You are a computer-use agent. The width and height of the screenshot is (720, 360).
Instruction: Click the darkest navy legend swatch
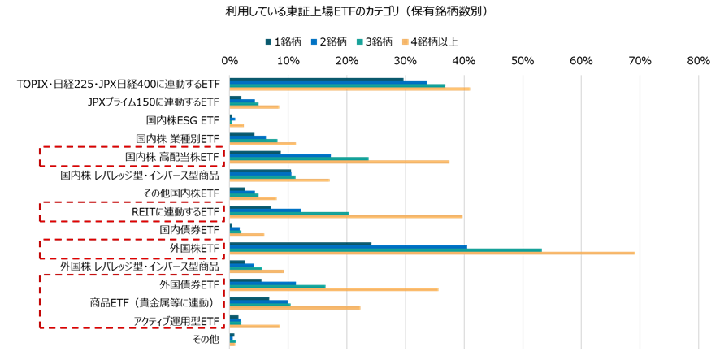pos(268,42)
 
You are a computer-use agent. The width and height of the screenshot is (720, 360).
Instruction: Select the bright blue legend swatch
pos(314,42)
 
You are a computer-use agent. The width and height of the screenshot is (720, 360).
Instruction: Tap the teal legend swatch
pos(359,42)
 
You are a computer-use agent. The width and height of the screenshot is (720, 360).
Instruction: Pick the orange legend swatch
pos(405,42)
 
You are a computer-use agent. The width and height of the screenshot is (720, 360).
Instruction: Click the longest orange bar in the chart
pos(431,253)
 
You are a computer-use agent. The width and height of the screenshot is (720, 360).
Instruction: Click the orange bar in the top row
pos(349,89)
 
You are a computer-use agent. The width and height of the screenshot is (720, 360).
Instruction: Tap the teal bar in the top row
pos(337,85)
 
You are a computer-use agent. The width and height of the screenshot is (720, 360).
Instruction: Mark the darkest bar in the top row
pos(317,79)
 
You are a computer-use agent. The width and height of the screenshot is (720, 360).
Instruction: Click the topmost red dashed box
pos(132,156)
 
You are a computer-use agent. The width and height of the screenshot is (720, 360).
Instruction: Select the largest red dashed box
pos(132,301)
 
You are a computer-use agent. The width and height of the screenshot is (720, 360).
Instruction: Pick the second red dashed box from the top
pos(132,211)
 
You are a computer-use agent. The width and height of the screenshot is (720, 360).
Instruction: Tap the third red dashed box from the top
pos(132,249)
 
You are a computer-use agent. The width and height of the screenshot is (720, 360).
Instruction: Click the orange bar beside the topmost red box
pos(340,162)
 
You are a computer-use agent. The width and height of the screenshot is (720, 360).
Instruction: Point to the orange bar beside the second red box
pos(346,216)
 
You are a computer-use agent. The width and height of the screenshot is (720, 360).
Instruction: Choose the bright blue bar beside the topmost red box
pos(280,155)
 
